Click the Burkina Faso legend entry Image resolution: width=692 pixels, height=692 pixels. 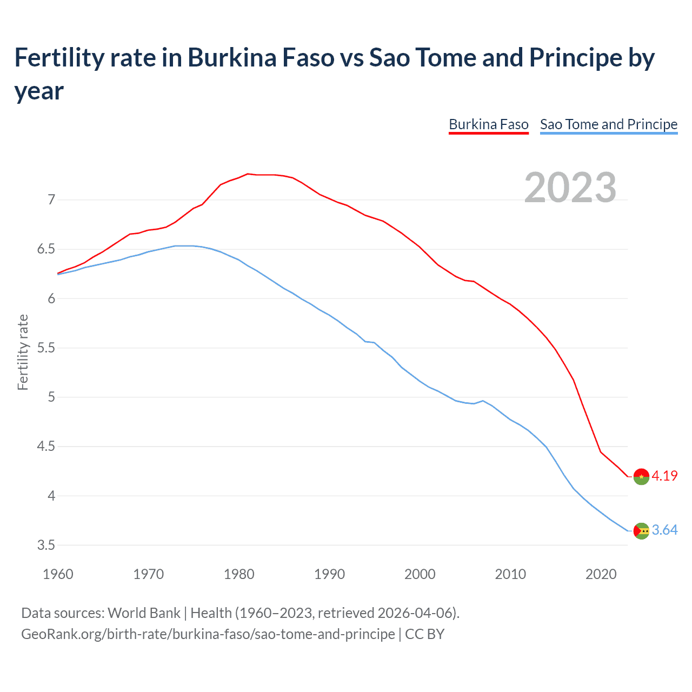(488, 124)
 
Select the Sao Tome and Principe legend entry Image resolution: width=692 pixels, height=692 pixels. (608, 124)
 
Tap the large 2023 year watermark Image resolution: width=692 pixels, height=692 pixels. (570, 188)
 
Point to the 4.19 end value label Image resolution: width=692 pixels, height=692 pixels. (664, 476)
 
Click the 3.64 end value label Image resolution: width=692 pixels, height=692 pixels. (664, 530)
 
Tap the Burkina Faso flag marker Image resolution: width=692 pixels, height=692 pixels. (641, 476)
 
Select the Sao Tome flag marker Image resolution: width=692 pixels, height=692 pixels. (641, 531)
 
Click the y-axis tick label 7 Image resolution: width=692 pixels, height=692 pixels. (51, 200)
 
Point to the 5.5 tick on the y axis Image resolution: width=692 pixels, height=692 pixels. (46, 348)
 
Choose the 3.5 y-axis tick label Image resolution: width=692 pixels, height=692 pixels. (46, 545)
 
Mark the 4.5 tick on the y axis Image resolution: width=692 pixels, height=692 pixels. (46, 447)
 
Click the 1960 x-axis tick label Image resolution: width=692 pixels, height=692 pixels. (58, 574)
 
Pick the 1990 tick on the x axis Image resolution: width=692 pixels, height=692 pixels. (329, 574)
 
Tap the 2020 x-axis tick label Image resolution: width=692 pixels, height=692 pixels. (601, 574)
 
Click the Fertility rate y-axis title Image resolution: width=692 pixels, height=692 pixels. (23, 352)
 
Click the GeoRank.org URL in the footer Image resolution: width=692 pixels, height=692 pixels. (208, 634)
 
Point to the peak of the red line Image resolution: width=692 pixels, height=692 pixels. (248, 174)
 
